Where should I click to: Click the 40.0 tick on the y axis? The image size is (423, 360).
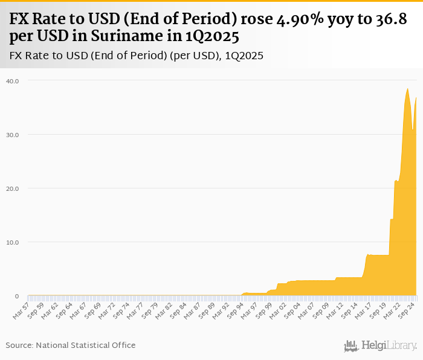click(13, 80)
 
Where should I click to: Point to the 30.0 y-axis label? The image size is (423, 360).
click(13, 134)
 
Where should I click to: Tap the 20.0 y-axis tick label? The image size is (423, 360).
click(13, 188)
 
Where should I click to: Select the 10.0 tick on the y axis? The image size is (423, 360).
click(13, 242)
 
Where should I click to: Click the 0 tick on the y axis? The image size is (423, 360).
click(17, 296)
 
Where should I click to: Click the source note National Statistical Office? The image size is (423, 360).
click(86, 345)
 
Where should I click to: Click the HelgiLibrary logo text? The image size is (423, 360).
click(389, 346)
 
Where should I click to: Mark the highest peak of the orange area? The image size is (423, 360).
click(407, 89)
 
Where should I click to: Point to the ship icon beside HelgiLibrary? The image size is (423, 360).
click(351, 346)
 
